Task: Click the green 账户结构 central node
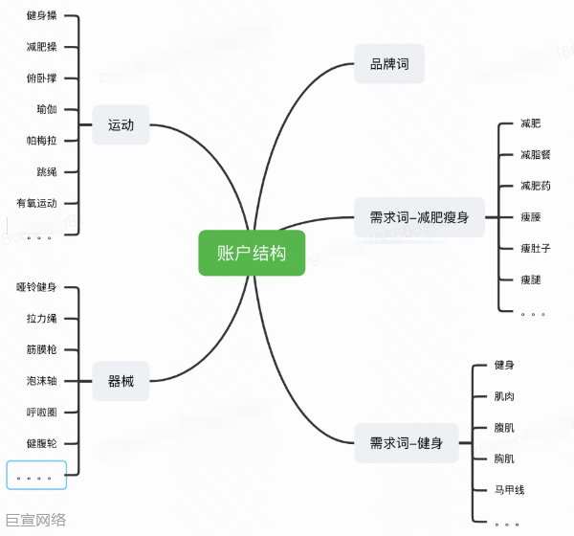point(252,253)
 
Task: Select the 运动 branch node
point(121,124)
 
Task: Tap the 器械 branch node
point(121,381)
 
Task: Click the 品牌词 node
point(389,64)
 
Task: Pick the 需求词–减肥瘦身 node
point(419,217)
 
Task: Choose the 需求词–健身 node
point(406,442)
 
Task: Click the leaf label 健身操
point(42,16)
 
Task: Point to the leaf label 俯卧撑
point(42,78)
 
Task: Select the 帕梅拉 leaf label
point(42,141)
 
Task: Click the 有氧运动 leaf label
point(37,203)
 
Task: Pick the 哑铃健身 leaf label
point(37,287)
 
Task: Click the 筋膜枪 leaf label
point(42,349)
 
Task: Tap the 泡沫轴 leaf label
point(42,381)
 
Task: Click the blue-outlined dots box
point(36,475)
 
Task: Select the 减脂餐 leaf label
point(535,154)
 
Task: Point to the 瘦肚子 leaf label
point(535,248)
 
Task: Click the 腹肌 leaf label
point(503,428)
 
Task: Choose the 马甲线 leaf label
point(509,490)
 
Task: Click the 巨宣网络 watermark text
point(34,521)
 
